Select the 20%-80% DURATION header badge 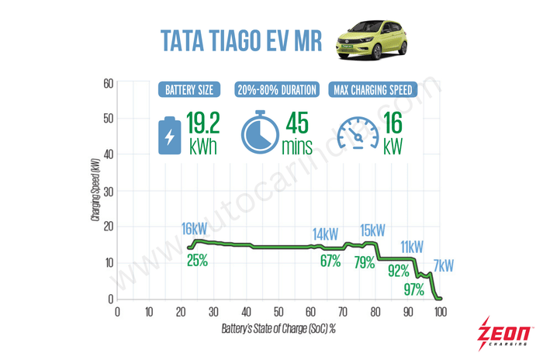(x=277, y=89)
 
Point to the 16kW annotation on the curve (x=195, y=229)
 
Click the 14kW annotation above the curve (x=326, y=234)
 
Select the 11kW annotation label (x=411, y=247)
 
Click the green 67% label (x=330, y=261)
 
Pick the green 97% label (x=413, y=289)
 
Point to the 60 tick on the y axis (x=107, y=83)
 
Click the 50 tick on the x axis (x=278, y=312)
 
